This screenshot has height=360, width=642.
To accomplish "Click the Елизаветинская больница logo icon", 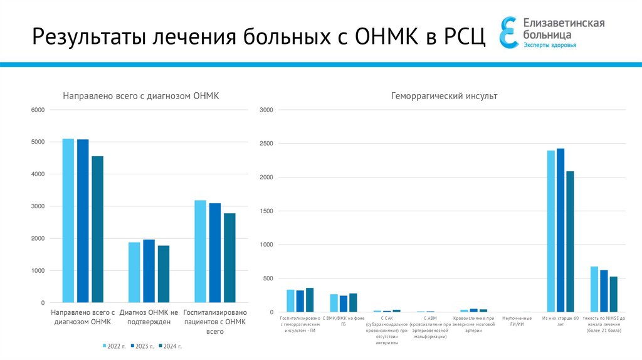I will (508, 32).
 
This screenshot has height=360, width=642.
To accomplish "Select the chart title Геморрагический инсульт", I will (444, 96).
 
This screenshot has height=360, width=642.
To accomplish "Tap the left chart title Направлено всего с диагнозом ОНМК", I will (140, 96).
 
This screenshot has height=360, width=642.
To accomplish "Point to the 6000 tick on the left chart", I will (38, 110).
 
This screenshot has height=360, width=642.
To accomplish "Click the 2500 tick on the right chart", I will (266, 144).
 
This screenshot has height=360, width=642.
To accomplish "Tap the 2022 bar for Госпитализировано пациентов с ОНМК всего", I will (200, 251).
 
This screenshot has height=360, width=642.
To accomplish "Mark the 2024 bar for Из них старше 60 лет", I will (570, 241).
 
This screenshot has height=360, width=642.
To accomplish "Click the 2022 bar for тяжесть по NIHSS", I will (594, 289).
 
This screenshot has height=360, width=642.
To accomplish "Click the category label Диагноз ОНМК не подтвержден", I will (149, 317).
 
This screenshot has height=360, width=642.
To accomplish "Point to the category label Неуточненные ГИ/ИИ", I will (513, 320).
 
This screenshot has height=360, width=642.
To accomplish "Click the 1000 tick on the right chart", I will (266, 245).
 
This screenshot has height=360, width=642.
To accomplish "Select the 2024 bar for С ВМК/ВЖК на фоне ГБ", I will (353, 303).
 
